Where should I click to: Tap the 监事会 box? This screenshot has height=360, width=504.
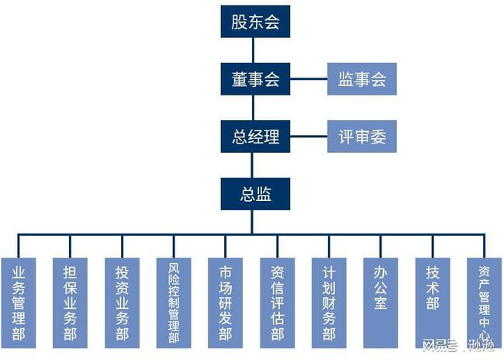[x=362, y=79]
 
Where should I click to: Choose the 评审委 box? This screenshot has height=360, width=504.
[x=362, y=137]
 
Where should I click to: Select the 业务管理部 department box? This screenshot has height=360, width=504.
[x=19, y=301]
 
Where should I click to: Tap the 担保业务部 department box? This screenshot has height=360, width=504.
[x=71, y=301]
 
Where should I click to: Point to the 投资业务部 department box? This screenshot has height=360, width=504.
[x=123, y=301]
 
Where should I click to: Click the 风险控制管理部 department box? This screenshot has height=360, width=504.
[x=174, y=301]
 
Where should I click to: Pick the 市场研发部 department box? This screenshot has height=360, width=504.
[x=226, y=301]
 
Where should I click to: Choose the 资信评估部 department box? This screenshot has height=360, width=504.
[x=278, y=301]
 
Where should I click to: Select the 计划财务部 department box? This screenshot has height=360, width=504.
[x=330, y=301]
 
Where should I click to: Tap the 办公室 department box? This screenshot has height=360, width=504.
[x=381, y=301]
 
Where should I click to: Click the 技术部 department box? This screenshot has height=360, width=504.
[x=433, y=301]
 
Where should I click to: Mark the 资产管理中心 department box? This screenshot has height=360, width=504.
[x=484, y=301]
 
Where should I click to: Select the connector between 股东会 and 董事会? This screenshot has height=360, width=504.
[x=251, y=50]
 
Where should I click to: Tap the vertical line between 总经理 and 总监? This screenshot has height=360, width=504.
[x=251, y=166]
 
